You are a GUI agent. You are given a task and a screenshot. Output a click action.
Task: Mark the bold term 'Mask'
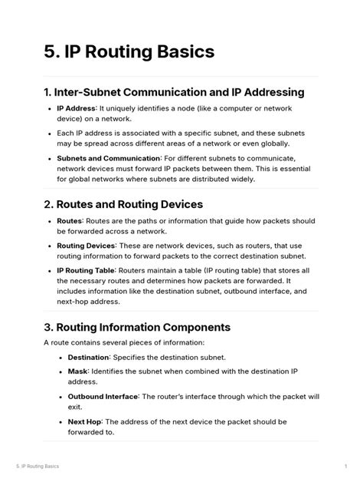pos(77,371)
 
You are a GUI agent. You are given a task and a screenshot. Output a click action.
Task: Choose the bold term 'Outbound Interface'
pos(103,397)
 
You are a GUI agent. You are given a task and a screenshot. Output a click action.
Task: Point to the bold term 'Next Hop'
pos(85,421)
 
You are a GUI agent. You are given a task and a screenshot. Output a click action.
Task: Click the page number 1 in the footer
pos(346,466)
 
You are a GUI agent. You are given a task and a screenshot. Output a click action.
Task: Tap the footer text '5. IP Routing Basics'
pos(38,466)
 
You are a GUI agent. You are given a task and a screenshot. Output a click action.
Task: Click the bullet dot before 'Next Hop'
pos(60,422)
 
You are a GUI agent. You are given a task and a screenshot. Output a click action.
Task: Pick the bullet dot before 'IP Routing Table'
pos(50,271)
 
